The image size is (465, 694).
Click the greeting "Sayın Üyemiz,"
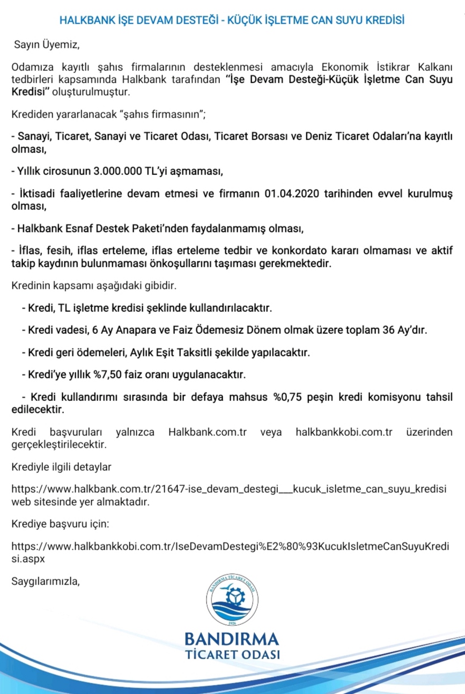coord(46,44)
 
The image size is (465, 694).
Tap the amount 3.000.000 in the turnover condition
coord(119,172)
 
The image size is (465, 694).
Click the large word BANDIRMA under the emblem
coord(232,639)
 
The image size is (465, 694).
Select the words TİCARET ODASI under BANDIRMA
coord(232,655)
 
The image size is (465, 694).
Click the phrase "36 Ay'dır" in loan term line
coord(408,330)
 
